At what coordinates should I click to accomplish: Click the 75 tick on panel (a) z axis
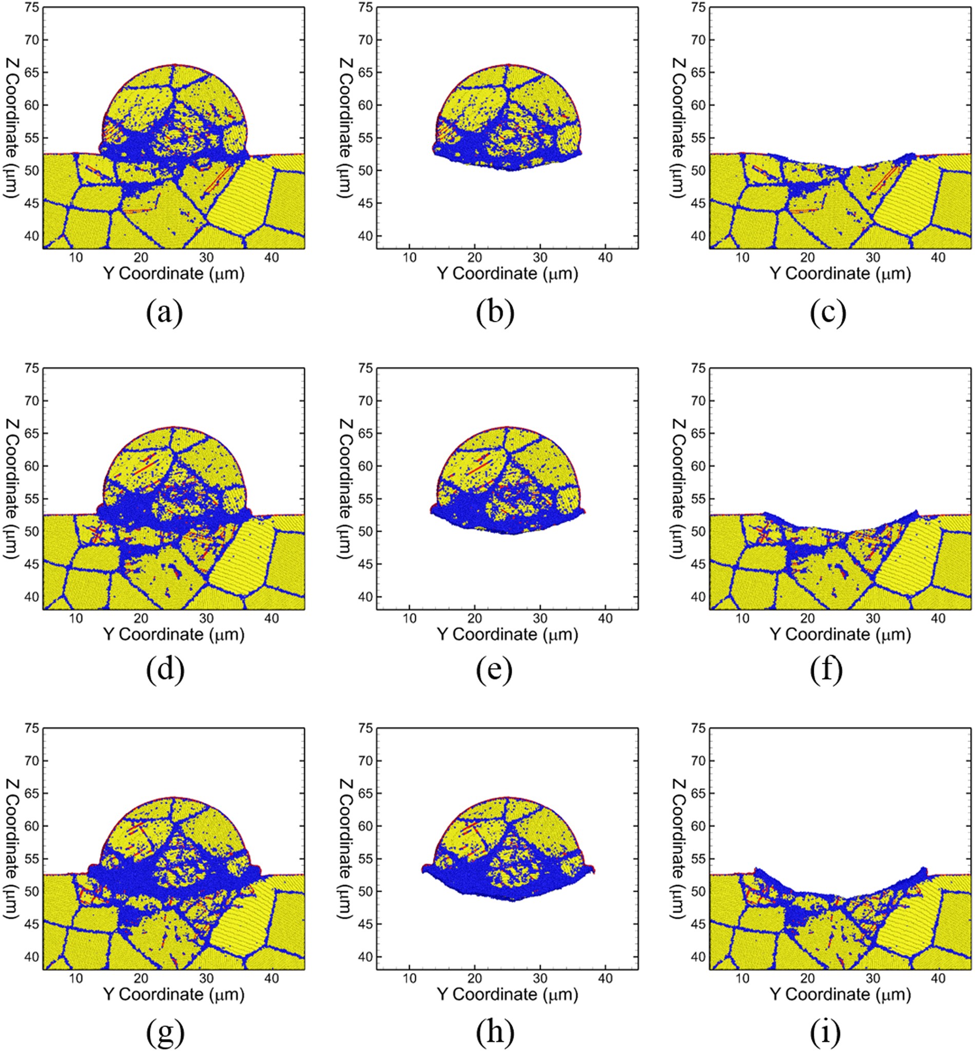point(32,7)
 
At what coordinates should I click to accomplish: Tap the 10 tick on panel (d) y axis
point(76,618)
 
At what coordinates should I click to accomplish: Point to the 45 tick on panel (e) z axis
point(365,564)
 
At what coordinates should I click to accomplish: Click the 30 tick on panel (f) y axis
point(873,618)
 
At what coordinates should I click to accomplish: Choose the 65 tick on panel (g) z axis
point(32,793)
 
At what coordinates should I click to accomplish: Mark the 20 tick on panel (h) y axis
point(474,979)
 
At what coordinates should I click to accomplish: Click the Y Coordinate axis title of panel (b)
point(507,274)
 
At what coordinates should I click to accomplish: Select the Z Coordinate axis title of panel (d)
point(12,489)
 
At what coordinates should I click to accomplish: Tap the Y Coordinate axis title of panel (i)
point(840,995)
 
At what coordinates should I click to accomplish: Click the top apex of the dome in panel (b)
point(508,65)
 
